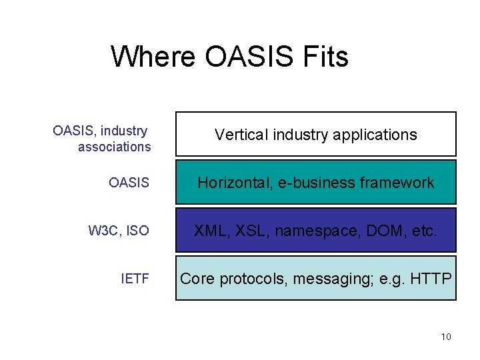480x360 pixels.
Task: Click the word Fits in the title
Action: coord(325,57)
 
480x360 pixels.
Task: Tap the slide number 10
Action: coord(446,337)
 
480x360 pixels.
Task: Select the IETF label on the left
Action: coord(135,279)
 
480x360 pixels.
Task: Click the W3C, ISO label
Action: coord(119,231)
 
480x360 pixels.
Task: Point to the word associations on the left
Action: coord(114,147)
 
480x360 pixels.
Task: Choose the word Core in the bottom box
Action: coord(197,279)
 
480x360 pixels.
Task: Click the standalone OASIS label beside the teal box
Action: coord(129,183)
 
